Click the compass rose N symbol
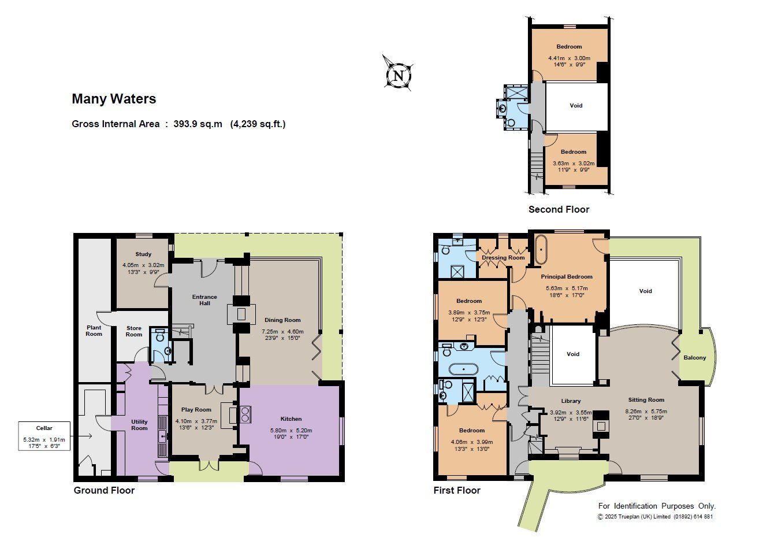coord(398,75)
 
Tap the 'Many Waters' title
coord(114,99)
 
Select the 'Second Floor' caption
coord(559,209)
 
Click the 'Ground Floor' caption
coord(104,490)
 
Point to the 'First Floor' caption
coord(457,490)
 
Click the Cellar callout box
coord(44,436)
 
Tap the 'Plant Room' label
coord(94,331)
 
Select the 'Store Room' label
coord(134,331)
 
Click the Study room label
coord(143,254)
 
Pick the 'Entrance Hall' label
coord(204,300)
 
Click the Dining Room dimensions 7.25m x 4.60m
coord(282,331)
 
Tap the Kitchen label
coord(291,419)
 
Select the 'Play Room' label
coord(196,409)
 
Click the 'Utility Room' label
coord(139,425)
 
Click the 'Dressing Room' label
coord(503,258)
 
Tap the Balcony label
coord(694,358)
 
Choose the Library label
coord(571,401)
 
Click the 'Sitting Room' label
coord(646,400)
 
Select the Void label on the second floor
coord(576,106)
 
